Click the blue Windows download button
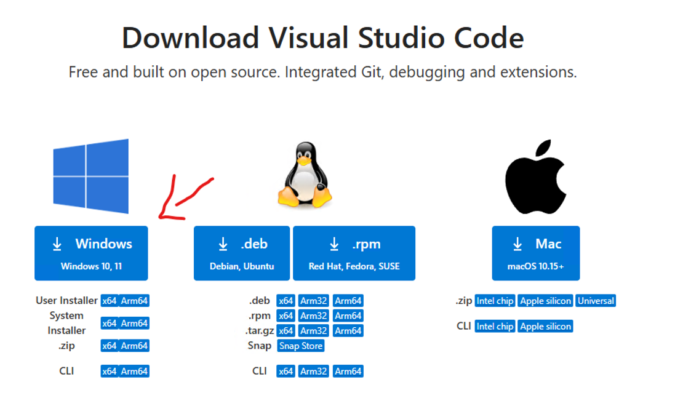pos(91,253)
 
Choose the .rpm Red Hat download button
pos(354,253)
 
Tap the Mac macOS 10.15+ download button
pos(535,253)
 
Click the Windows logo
pos(91,176)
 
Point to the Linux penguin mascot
pos(305,176)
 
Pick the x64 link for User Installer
pos(110,301)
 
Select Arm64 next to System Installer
pos(134,323)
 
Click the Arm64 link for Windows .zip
pos(134,346)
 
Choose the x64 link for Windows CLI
pos(110,371)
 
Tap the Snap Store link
pos(301,346)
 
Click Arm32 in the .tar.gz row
pos(313,331)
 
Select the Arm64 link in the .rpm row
pos(348,316)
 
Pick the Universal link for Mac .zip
pos(596,301)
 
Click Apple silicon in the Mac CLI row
pos(545,326)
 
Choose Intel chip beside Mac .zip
pos(495,301)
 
